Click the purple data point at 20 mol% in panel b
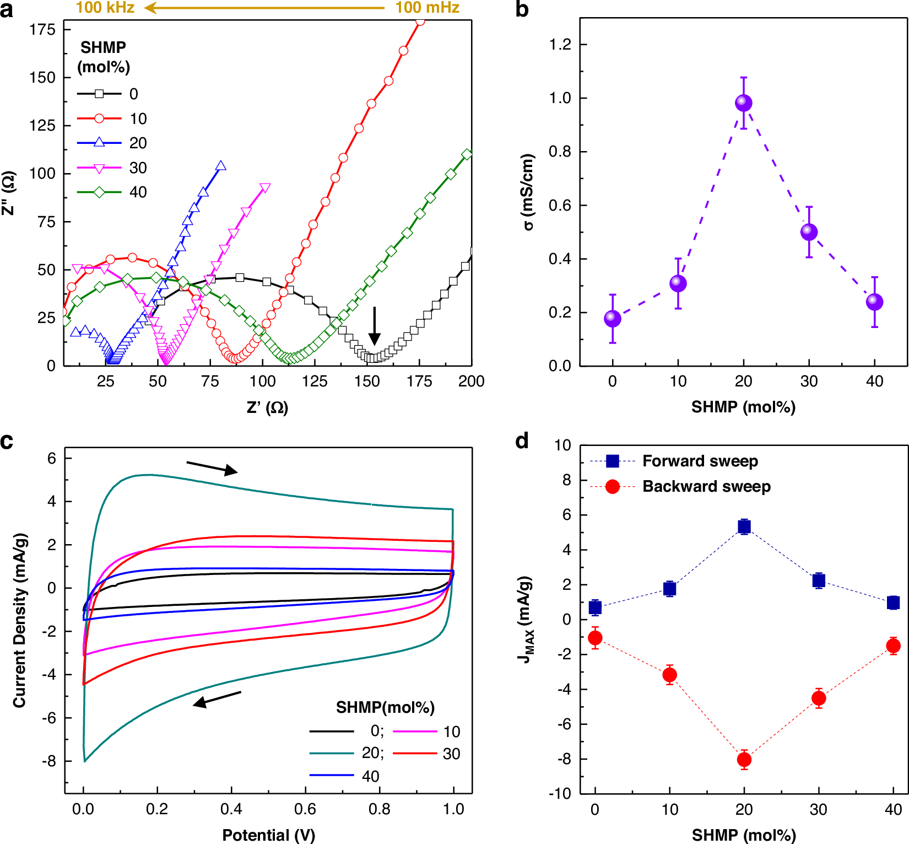(744, 103)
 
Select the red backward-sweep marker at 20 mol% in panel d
(744, 760)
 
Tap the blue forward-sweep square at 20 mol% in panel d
(744, 527)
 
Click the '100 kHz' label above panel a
(105, 8)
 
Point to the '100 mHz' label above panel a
(427, 8)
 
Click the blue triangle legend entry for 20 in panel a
(100, 143)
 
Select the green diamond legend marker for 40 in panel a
(100, 192)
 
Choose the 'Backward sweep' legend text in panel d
(706, 486)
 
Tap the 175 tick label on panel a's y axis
(43, 30)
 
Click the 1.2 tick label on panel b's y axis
(560, 45)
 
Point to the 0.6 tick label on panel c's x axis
(305, 809)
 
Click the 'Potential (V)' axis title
(268, 835)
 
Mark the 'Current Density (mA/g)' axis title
(20, 620)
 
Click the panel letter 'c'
(7, 442)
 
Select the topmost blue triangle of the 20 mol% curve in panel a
(221, 165)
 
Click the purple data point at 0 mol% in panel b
(613, 319)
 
